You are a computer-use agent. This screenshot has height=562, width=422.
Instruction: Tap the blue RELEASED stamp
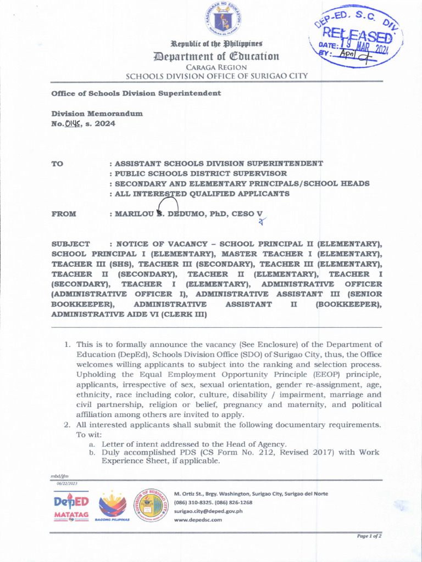(356, 38)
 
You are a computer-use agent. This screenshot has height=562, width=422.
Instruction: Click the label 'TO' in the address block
(58, 164)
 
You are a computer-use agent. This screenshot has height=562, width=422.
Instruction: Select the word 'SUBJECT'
(71, 243)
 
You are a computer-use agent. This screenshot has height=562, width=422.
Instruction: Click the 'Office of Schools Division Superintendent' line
(136, 93)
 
